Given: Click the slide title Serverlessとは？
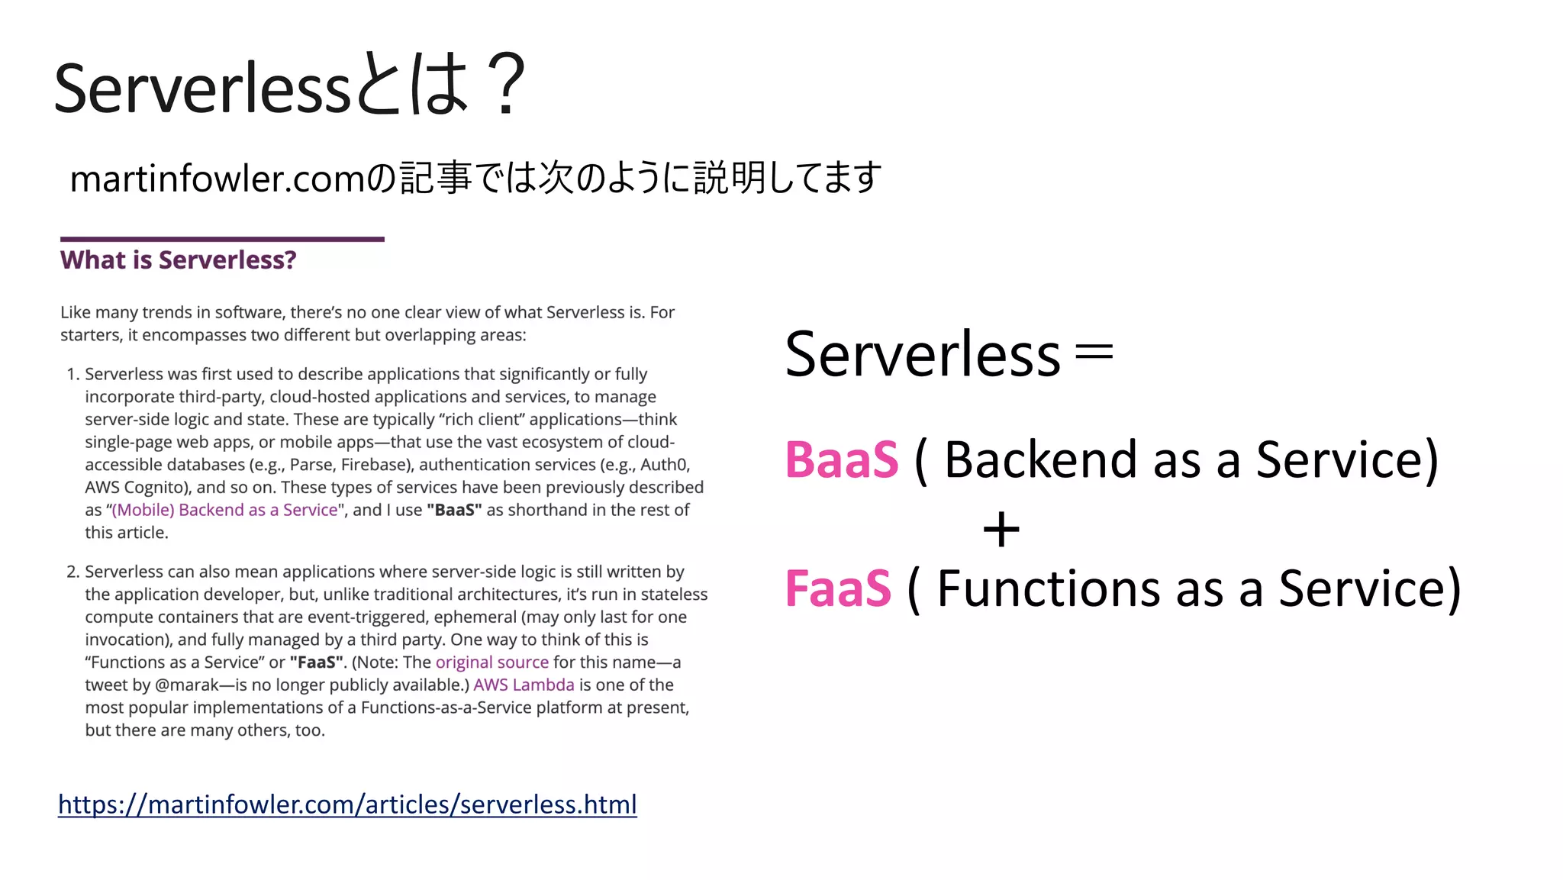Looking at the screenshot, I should click(290, 86).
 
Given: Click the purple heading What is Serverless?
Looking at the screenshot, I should click(178, 260).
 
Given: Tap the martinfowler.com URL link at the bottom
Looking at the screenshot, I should click(347, 804).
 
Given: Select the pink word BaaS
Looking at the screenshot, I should click(842, 460).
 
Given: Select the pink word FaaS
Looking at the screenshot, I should click(838, 589).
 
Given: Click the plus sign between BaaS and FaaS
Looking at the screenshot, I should click(1001, 530).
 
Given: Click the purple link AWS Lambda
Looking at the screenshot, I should click(524, 685).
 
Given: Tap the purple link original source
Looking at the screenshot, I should click(491, 662).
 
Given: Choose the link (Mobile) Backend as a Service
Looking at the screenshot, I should click(224, 511).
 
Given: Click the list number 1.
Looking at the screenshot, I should click(73, 375).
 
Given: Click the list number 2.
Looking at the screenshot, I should click(73, 572).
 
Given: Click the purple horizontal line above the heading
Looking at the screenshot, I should click(222, 240).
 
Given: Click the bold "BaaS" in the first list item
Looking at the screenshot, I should click(454, 511).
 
